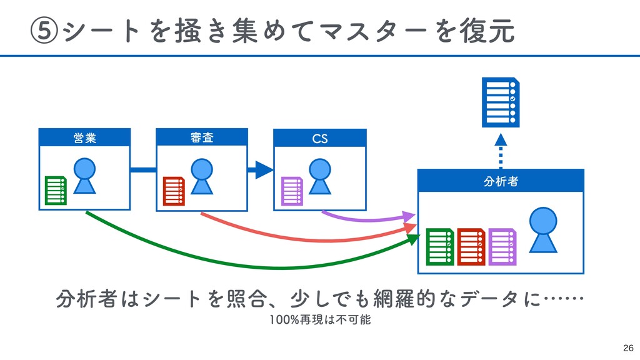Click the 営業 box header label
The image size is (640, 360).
click(x=85, y=138)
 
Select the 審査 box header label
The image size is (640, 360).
click(x=202, y=137)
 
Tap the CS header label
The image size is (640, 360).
click(x=320, y=139)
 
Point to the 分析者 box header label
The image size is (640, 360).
click(x=501, y=181)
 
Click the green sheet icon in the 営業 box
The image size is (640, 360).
click(x=56, y=190)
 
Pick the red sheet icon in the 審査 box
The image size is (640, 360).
click(x=174, y=191)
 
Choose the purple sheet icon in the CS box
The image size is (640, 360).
click(x=292, y=191)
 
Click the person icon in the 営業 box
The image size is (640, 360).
click(x=84, y=176)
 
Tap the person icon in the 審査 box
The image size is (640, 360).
click(x=202, y=176)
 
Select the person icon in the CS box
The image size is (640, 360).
click(x=320, y=176)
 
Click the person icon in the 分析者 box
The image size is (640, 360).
click(x=543, y=230)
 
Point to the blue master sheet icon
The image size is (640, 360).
click(x=501, y=102)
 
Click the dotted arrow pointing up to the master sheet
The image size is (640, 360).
click(x=501, y=151)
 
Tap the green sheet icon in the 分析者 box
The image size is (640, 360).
click(x=440, y=247)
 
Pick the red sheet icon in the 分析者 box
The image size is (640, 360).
click(x=471, y=247)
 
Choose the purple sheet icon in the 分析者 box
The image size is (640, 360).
click(x=502, y=247)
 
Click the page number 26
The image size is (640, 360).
click(x=628, y=348)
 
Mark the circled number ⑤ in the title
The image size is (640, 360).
click(x=44, y=31)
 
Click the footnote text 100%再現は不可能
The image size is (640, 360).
click(x=320, y=319)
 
